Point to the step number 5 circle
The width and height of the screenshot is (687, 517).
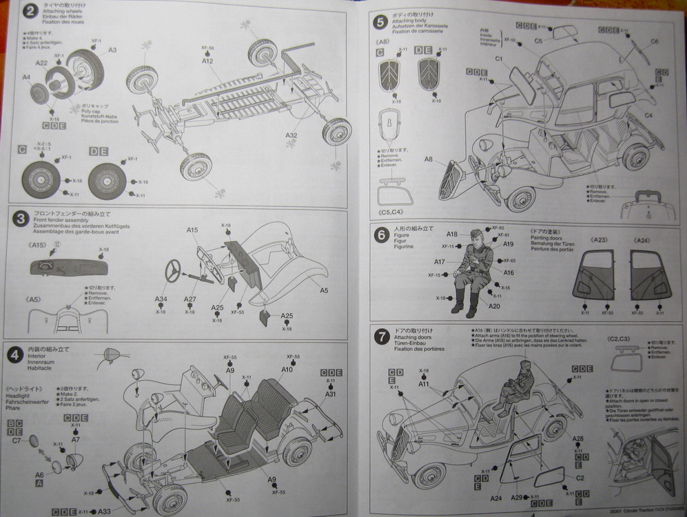click(380, 21)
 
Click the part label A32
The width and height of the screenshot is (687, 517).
click(291, 135)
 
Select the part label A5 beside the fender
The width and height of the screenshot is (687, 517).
click(324, 290)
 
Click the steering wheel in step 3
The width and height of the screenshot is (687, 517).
click(172, 270)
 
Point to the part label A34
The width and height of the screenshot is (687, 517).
click(161, 298)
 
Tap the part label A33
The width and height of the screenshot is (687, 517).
click(104, 511)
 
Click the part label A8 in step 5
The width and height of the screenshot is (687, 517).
click(429, 159)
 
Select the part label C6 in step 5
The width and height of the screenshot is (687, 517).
click(654, 42)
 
